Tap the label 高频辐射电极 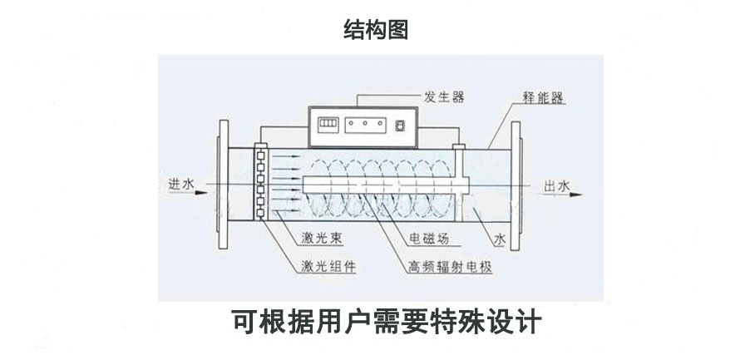point(450,267)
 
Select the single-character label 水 point(499,239)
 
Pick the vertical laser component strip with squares point(261,184)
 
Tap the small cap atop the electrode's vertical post point(456,147)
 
